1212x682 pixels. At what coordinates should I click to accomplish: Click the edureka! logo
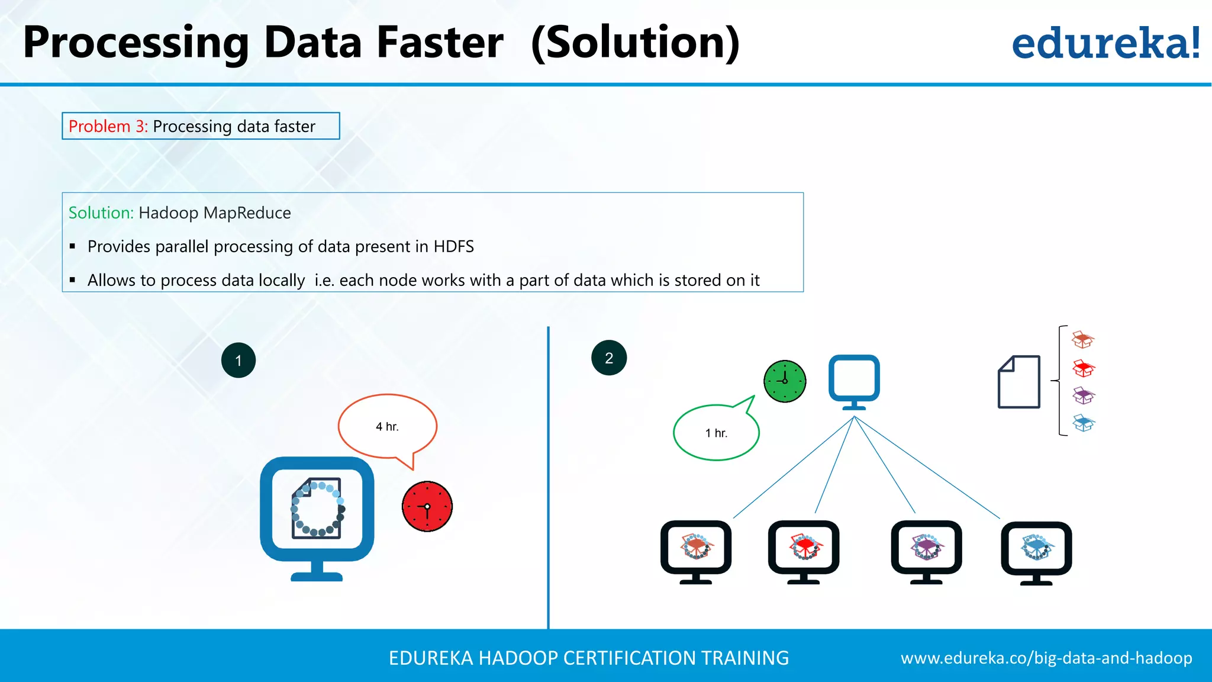(x=1105, y=44)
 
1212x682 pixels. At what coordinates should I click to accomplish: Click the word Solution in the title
(x=636, y=43)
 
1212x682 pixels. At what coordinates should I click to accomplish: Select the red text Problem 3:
(x=108, y=126)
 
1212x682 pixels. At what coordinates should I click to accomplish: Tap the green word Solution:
(x=101, y=213)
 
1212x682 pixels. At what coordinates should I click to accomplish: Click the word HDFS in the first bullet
(x=453, y=246)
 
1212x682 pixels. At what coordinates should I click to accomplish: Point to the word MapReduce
(x=247, y=213)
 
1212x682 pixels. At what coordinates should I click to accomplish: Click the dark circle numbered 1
(x=238, y=360)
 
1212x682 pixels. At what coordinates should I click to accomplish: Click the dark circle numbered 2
(x=609, y=358)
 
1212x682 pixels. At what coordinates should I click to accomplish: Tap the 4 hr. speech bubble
(x=387, y=426)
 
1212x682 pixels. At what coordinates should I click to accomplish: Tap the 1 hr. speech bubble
(x=716, y=433)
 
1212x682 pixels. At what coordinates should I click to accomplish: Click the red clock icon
(x=427, y=506)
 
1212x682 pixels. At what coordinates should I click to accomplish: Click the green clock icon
(x=785, y=381)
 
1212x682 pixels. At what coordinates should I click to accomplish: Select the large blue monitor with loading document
(x=317, y=515)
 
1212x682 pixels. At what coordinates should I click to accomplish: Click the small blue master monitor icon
(x=854, y=381)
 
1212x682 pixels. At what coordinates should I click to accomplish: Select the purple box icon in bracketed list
(x=1084, y=395)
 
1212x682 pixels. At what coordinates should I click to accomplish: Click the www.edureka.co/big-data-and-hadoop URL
(x=1046, y=658)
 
